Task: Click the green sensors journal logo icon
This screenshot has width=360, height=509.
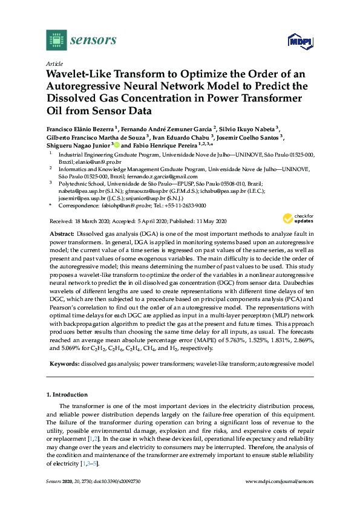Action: coord(56,40)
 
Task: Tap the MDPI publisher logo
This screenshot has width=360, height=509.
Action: coord(301,41)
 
